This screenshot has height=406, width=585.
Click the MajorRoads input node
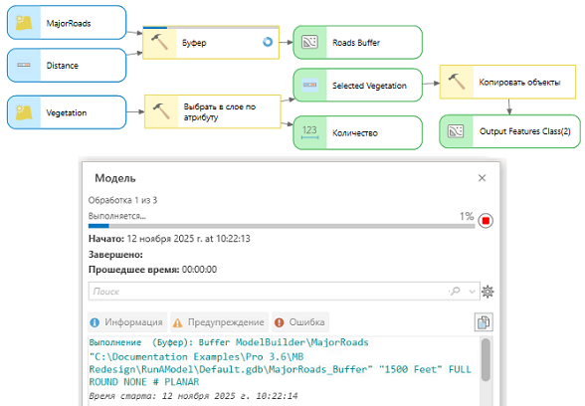point(67,23)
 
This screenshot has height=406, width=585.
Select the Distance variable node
point(67,66)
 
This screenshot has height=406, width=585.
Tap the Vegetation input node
point(67,112)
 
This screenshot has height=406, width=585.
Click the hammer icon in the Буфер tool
point(160,42)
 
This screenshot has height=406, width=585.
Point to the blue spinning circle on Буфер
point(268,42)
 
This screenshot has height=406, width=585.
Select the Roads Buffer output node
point(357,42)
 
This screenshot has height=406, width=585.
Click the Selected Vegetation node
point(357,86)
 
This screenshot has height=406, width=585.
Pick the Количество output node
point(357,132)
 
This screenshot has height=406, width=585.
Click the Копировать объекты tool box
point(507,82)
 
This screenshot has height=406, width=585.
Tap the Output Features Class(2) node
point(509,131)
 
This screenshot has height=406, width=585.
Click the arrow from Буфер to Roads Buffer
point(287,42)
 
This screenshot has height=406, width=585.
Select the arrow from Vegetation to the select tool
point(135,111)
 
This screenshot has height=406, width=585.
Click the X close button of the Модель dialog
point(482,178)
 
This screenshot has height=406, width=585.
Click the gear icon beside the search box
point(487,292)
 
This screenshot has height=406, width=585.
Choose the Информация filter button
point(127,322)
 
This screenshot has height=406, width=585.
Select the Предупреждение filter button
point(219,322)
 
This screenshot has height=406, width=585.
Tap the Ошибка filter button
point(300,322)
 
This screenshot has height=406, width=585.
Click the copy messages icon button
point(484,322)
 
